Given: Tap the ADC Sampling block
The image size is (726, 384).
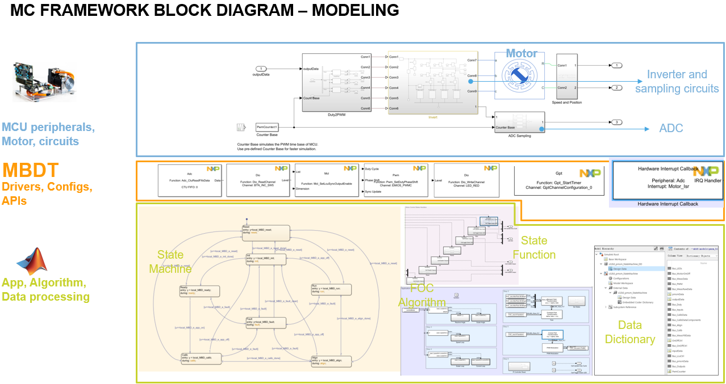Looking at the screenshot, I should coord(519,123).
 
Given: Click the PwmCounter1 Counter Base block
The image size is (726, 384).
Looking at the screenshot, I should coord(266,127).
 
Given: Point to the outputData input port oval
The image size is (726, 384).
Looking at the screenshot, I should coord(261,69).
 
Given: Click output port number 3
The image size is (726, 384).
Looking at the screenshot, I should coord(616,123).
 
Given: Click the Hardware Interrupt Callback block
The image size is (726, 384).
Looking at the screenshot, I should coord(667,180).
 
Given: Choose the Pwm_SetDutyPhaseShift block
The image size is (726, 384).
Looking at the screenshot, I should coord(395,180).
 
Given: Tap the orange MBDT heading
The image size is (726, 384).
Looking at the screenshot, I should coord(31,170).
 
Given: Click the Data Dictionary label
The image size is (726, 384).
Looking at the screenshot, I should coord(629,332).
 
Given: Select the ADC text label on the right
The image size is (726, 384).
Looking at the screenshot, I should coord(671,128).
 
